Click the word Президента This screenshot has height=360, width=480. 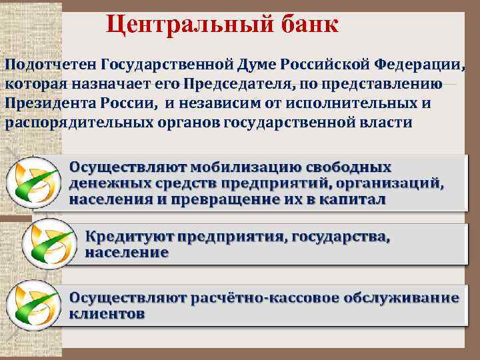click(x=51, y=104)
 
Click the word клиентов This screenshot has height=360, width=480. click(x=107, y=314)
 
